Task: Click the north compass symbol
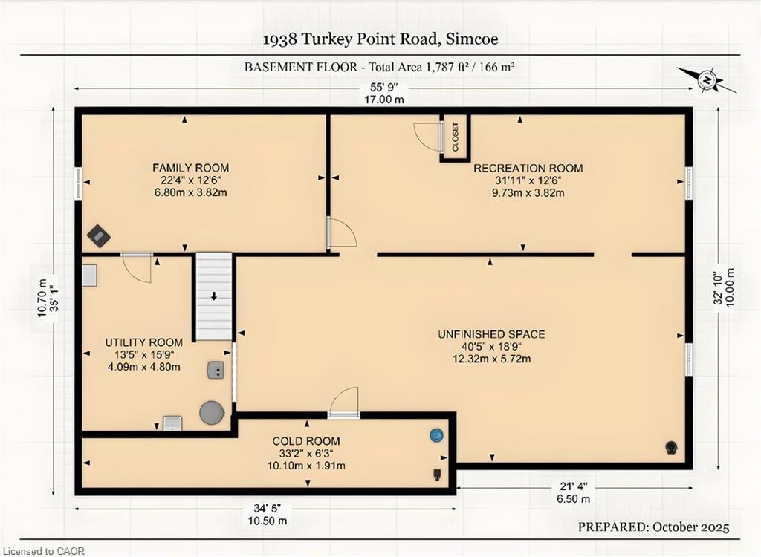pyautogui.click(x=707, y=79)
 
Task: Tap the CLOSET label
pyautogui.click(x=456, y=137)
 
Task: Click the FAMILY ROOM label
pyautogui.click(x=191, y=168)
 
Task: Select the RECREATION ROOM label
pyautogui.click(x=528, y=169)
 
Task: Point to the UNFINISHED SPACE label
pyautogui.click(x=492, y=334)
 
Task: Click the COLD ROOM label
pyautogui.click(x=305, y=441)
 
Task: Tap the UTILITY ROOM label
pyautogui.click(x=143, y=342)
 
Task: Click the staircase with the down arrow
pyautogui.click(x=213, y=296)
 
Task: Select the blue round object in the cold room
pyautogui.click(x=437, y=435)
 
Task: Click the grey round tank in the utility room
pyautogui.click(x=212, y=412)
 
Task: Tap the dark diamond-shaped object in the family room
pyautogui.click(x=99, y=236)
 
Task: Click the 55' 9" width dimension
pyautogui.click(x=384, y=88)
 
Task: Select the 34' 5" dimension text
pyautogui.click(x=267, y=509)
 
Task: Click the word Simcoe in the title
pyautogui.click(x=472, y=39)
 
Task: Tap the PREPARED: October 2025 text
pyautogui.click(x=653, y=527)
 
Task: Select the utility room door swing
pyautogui.click(x=137, y=267)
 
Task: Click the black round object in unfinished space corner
pyautogui.click(x=671, y=447)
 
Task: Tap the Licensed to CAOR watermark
pyautogui.click(x=42, y=551)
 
